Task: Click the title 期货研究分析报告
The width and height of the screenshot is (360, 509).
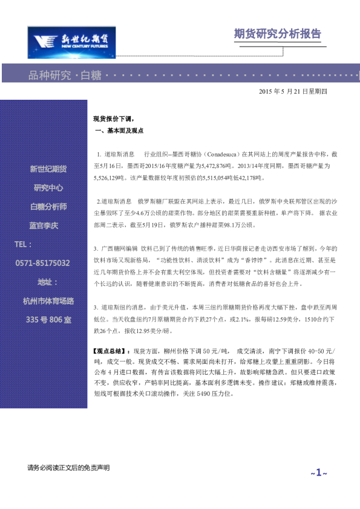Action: coord(277,34)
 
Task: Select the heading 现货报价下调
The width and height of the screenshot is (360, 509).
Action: coord(113,119)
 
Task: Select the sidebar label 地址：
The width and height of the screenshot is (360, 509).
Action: coord(48,282)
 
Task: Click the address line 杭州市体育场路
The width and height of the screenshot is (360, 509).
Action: coord(48,300)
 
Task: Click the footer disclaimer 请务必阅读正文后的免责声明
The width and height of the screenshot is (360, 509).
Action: coord(68,468)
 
